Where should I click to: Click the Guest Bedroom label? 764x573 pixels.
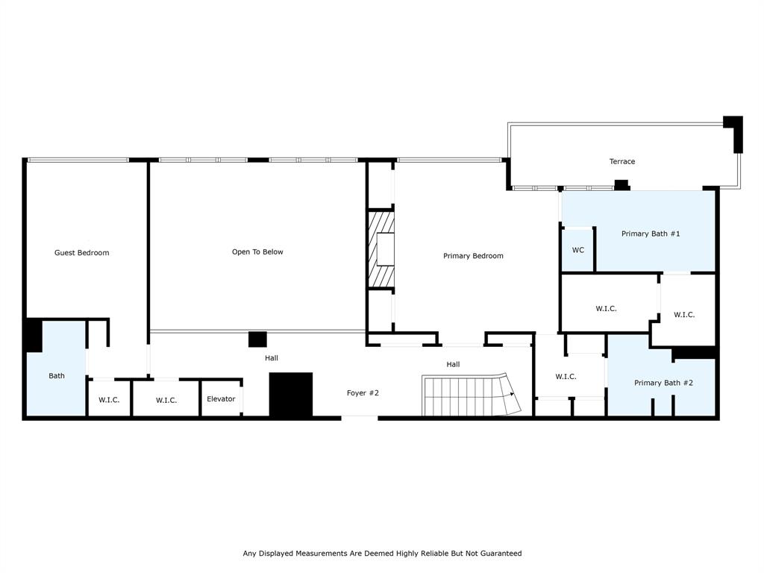pos(81,253)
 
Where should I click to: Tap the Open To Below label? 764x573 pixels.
pos(257,252)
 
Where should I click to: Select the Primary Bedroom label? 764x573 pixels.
pos(473,256)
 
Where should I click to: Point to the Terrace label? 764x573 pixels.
pos(621,161)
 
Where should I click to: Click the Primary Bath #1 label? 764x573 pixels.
pos(650,234)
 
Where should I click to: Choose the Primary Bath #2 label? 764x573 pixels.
pos(663,383)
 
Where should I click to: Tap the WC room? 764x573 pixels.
pos(577,250)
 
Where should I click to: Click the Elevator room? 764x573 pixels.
pos(221,399)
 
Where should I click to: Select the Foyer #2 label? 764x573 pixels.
pos(363,392)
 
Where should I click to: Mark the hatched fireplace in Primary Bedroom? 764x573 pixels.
pos(382,249)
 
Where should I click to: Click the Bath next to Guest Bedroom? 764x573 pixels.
pos(57,375)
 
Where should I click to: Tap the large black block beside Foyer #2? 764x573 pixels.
pos(290,395)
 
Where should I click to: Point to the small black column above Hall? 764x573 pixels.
pos(257,339)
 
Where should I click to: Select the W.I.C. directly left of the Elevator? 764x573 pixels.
pos(166,401)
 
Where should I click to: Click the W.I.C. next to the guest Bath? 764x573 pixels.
pos(109,401)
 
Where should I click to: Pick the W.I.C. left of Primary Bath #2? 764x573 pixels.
pos(566,377)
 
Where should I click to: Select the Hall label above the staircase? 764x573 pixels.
pos(453,364)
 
